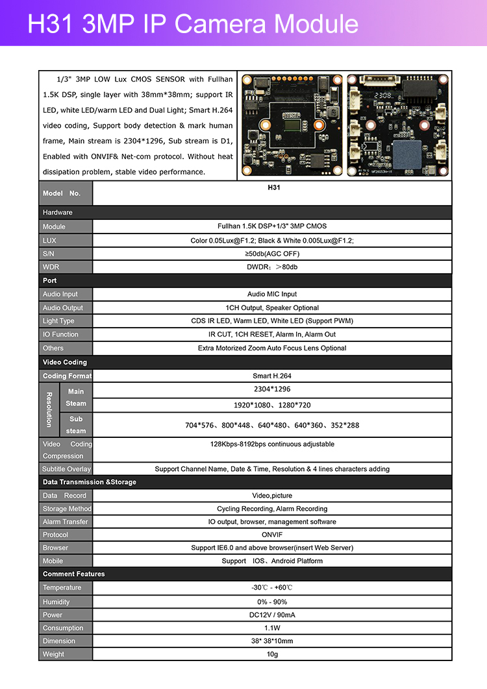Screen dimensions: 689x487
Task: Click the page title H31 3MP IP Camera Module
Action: [193, 24]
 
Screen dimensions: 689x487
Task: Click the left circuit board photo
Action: [292, 125]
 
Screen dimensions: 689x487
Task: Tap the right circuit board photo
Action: [397, 125]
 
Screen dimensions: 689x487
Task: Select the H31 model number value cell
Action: [272, 187]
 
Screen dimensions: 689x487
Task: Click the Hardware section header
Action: [58, 212]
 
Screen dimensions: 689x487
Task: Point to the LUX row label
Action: [50, 240]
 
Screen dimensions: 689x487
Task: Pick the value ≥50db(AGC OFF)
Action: [272, 254]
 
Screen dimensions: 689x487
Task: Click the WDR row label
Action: [51, 267]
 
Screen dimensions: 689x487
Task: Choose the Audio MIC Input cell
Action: [272, 294]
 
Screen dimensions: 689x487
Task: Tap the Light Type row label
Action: [58, 321]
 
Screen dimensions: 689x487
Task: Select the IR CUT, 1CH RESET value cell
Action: [272, 334]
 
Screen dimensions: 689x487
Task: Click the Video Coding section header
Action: [65, 362]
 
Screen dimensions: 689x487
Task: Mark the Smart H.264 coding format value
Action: [272, 376]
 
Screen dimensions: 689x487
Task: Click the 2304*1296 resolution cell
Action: [272, 389]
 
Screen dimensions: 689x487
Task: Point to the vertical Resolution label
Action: [49, 409]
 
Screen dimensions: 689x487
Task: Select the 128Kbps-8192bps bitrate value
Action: [272, 444]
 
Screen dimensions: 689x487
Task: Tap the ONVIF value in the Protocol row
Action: [272, 535]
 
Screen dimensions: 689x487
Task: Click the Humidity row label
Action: [56, 601]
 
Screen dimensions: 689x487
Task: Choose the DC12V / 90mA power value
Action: [272, 614]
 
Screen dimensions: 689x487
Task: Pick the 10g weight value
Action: [272, 654]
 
